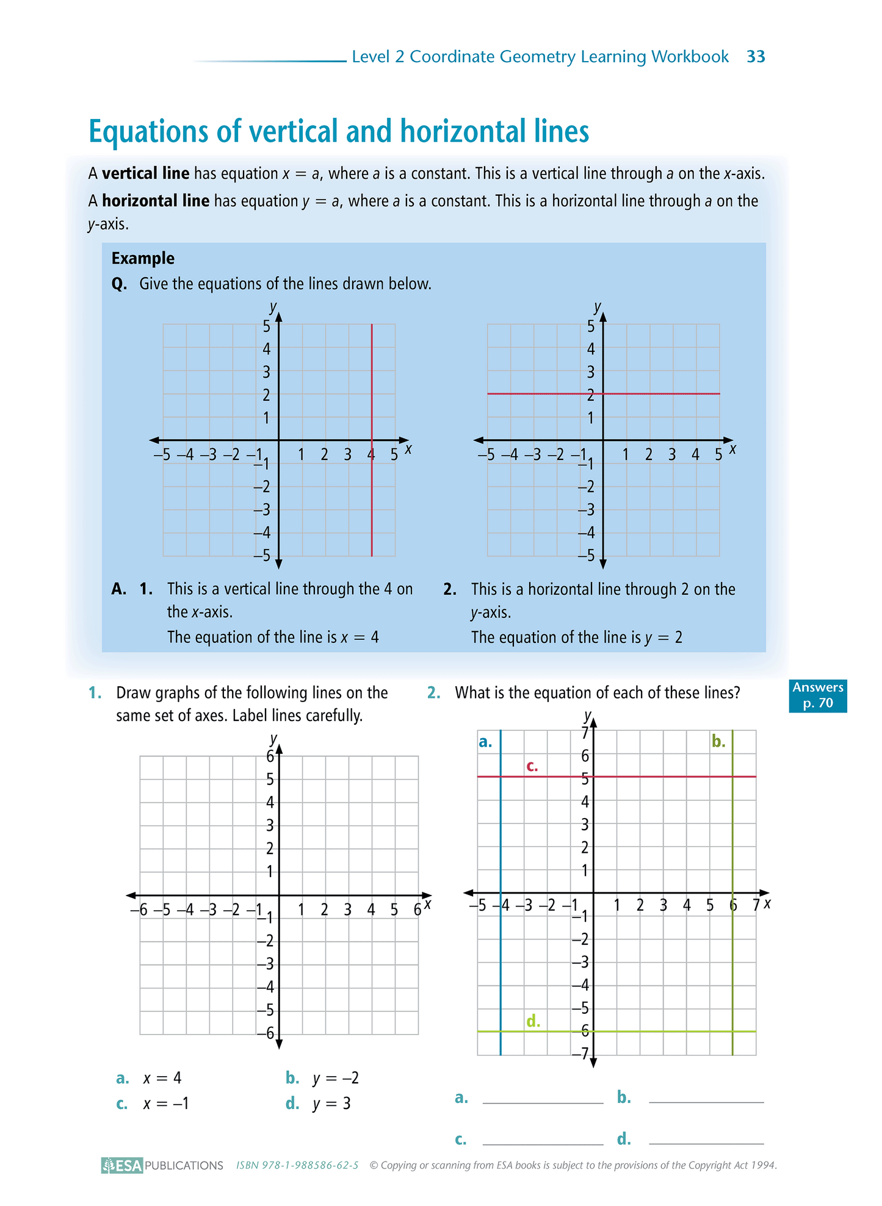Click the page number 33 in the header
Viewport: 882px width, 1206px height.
point(756,57)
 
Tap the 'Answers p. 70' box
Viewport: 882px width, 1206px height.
point(817,695)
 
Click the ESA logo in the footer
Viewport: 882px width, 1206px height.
point(122,1165)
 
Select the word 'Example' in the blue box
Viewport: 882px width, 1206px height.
point(143,259)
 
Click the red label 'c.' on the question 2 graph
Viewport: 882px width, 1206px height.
point(532,766)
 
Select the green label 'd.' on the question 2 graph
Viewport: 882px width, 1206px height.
point(533,1021)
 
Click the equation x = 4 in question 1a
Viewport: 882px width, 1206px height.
point(162,1078)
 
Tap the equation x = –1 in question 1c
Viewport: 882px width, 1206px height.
point(166,1104)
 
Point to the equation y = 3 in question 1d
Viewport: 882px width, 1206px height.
point(331,1104)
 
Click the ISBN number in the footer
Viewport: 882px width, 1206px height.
point(297,1165)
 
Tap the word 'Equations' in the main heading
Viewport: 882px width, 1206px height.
point(149,131)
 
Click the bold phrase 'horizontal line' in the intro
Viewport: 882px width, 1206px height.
point(156,201)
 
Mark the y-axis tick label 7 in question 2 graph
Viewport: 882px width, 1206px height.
point(585,733)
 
